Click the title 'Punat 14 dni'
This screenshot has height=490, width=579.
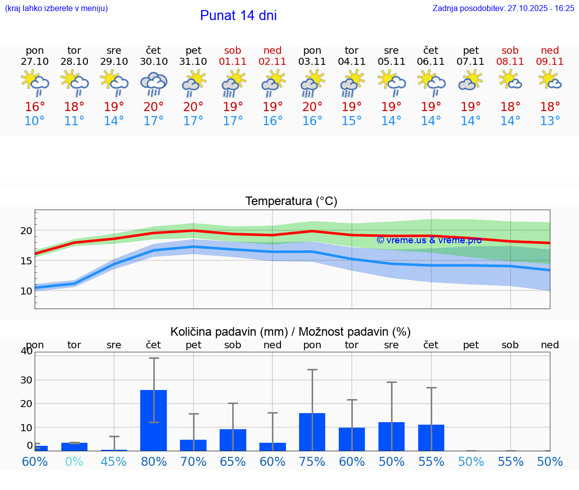[238, 16]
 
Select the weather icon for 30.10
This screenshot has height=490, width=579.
[154, 83]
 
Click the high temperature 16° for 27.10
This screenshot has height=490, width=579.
[35, 107]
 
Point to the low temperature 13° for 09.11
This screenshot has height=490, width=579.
[550, 121]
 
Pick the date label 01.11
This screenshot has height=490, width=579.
[233, 62]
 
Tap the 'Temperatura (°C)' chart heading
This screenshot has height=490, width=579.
[291, 201]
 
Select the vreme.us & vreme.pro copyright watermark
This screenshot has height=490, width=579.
[429, 240]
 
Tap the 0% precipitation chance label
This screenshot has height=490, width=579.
[74, 461]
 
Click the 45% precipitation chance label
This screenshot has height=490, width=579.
[114, 461]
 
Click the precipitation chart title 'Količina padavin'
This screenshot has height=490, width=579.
[291, 332]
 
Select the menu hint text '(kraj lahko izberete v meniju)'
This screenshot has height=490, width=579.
[56, 8]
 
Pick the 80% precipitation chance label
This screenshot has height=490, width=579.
[154, 461]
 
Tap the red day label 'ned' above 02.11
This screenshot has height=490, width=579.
[272, 50]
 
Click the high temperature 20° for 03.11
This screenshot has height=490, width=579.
[312, 107]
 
